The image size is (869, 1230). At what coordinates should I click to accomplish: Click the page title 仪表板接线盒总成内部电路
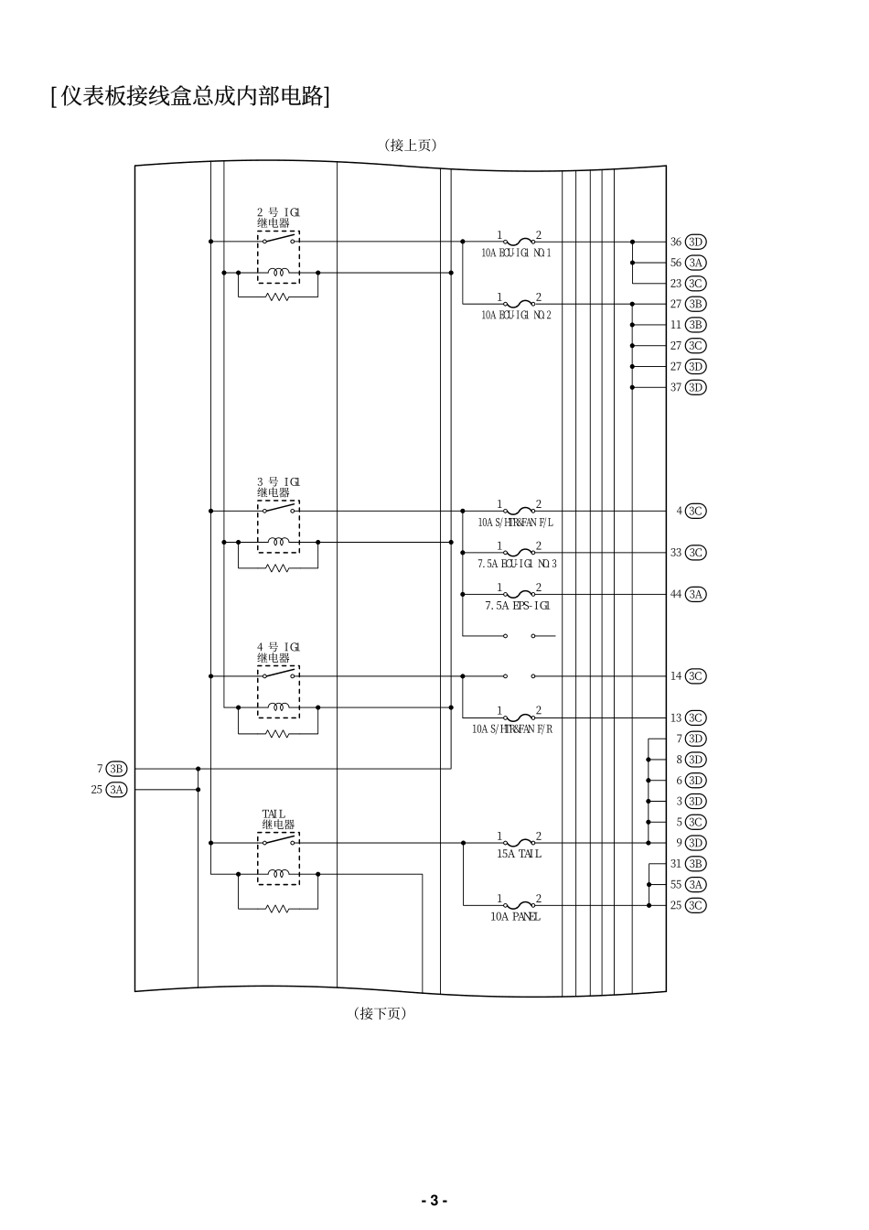(x=190, y=95)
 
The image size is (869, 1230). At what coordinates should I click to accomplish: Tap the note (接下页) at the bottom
(x=380, y=1013)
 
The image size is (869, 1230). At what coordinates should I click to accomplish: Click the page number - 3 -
(x=434, y=1201)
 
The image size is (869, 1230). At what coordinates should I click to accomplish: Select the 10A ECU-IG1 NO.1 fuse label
(x=516, y=253)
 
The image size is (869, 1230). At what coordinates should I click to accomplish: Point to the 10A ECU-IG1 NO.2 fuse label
(x=516, y=315)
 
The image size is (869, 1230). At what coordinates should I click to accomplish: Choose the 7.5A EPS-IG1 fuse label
(x=518, y=606)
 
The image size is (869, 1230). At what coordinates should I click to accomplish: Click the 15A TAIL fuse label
(x=519, y=854)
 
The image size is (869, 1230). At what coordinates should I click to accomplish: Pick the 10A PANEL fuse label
(x=515, y=916)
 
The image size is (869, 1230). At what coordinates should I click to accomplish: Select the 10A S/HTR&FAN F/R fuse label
(x=512, y=729)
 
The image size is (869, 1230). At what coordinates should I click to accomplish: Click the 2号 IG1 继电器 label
(x=277, y=217)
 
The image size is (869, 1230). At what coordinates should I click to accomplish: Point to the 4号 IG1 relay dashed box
(x=278, y=692)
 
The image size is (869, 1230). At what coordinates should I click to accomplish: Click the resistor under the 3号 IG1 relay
(x=278, y=568)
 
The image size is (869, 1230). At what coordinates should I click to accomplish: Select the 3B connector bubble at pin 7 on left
(x=116, y=769)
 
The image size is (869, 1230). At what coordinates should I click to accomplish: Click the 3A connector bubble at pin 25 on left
(x=116, y=789)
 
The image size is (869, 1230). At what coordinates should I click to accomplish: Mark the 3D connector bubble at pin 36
(x=696, y=242)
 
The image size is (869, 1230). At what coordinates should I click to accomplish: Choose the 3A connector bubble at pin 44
(x=696, y=594)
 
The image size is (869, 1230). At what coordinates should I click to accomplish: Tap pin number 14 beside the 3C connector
(x=676, y=676)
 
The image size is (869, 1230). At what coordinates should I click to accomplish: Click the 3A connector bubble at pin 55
(x=696, y=884)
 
